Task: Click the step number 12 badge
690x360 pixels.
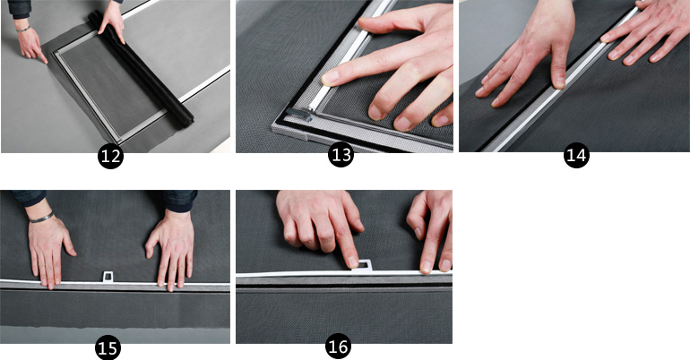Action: point(110,156)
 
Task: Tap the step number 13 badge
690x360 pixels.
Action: point(341,154)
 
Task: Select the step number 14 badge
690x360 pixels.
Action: point(576,155)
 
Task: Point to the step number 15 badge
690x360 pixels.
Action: point(108,348)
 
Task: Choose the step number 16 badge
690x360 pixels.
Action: point(339,347)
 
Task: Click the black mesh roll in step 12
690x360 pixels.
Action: point(141,70)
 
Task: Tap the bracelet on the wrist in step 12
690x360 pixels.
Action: point(23,29)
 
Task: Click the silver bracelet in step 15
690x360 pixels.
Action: point(41,218)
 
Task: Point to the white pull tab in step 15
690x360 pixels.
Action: point(108,277)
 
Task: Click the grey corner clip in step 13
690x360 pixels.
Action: point(299,115)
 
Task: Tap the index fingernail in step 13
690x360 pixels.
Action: point(330,78)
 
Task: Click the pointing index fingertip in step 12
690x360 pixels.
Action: point(45,60)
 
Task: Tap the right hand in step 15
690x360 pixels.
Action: point(172,248)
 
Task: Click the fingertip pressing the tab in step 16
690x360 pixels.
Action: point(353,262)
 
